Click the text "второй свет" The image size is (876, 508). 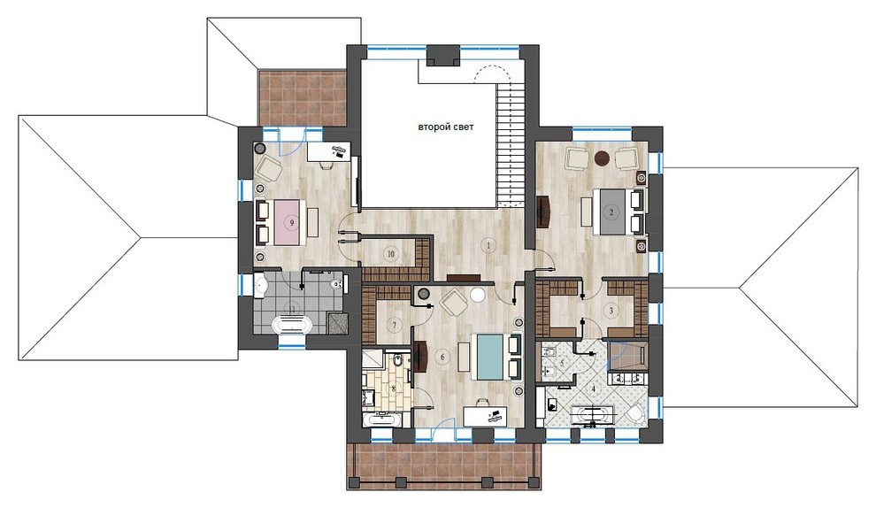point(446,127)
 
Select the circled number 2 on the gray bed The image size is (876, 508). point(611,213)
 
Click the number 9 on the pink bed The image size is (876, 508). point(291,223)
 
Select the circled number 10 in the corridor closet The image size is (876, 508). point(390,253)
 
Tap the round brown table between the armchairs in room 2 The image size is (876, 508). point(603,158)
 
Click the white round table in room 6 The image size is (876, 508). point(478,296)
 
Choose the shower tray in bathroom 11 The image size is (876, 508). point(334,322)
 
